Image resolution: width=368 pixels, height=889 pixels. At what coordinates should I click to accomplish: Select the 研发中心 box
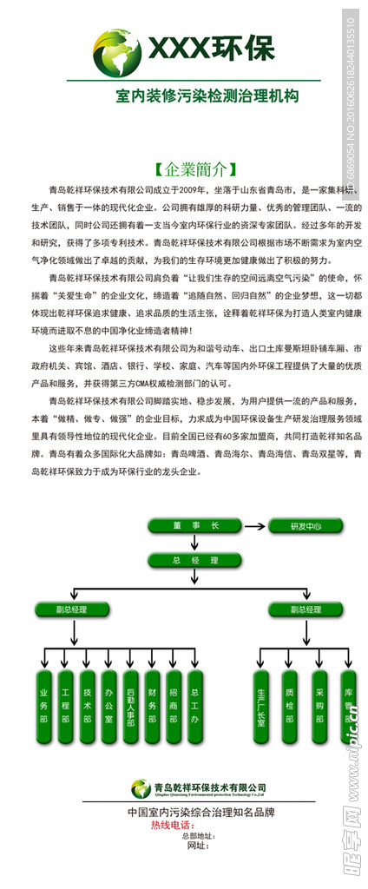[x=299, y=526]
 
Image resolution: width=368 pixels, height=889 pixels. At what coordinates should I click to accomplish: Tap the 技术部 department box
[x=88, y=706]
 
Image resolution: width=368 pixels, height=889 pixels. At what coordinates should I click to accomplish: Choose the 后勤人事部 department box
[x=130, y=706]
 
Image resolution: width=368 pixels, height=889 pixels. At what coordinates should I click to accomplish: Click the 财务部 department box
[x=152, y=706]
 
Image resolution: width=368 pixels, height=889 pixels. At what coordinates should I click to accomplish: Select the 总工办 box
[x=194, y=706]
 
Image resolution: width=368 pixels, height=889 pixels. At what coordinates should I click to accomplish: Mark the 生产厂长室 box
[x=260, y=706]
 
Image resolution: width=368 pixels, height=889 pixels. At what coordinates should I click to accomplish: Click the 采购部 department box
[x=319, y=706]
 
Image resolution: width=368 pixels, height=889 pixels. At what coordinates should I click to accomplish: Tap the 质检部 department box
[x=290, y=706]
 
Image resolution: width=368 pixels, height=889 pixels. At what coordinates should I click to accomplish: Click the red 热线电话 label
[x=170, y=825]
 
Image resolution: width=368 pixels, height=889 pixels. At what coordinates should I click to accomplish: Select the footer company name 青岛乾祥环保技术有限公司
[x=209, y=787]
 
